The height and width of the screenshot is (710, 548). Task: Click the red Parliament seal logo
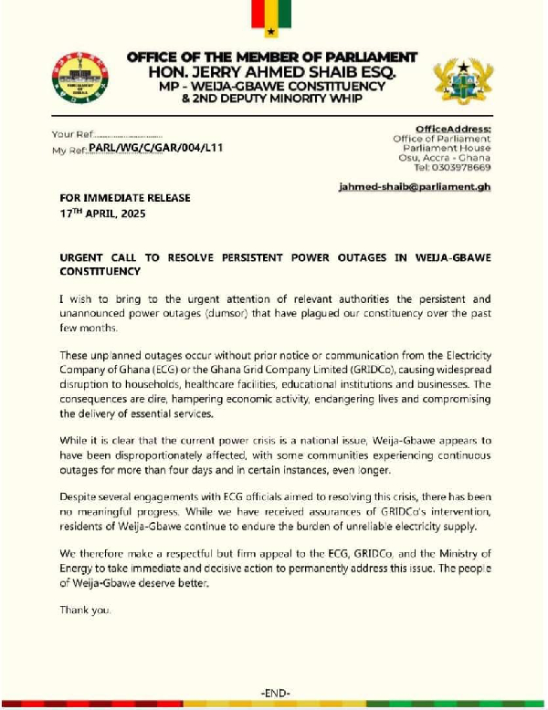tap(80, 79)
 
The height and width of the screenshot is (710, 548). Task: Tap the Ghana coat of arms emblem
tap(461, 83)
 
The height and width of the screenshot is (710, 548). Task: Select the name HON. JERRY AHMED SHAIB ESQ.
tap(271, 70)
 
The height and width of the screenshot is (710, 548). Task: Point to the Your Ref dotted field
tap(128, 134)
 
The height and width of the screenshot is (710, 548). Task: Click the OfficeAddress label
tap(453, 129)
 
